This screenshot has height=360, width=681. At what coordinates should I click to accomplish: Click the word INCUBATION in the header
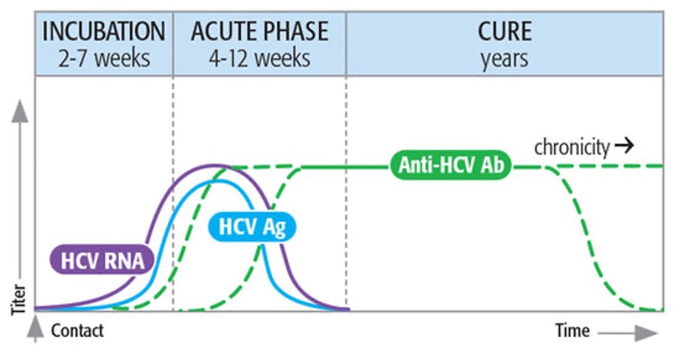104,33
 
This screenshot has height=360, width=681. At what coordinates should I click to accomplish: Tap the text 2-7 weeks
104,60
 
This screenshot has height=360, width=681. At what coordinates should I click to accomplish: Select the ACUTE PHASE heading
260,33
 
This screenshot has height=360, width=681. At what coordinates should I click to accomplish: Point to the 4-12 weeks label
260,60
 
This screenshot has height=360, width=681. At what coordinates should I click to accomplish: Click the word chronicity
571,147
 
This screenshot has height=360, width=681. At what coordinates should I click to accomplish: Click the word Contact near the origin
78,330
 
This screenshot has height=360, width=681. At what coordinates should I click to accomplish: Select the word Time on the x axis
572,330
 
